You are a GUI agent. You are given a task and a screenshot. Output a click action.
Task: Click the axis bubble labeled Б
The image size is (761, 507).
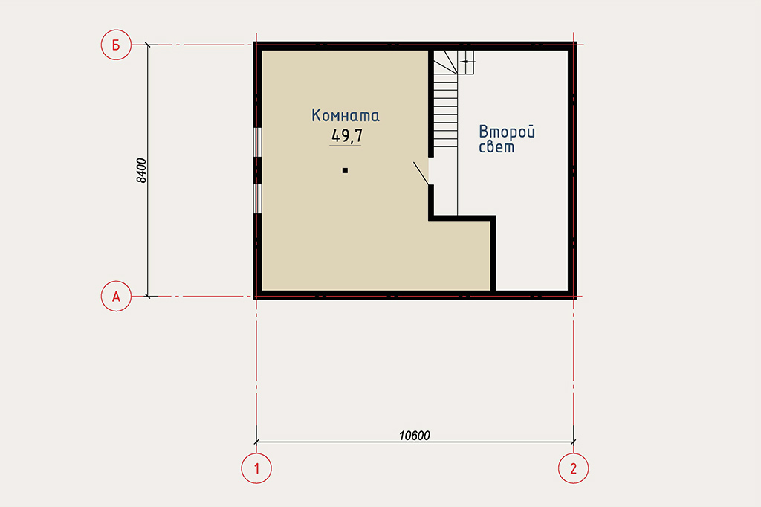pyautogui.click(x=116, y=45)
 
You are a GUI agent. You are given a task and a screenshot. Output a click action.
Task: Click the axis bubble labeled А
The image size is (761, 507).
pyautogui.click(x=116, y=296)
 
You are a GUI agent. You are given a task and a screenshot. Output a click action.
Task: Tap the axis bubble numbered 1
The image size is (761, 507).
pyautogui.click(x=256, y=468)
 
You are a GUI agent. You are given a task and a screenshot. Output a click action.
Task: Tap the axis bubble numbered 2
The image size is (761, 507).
pyautogui.click(x=573, y=468)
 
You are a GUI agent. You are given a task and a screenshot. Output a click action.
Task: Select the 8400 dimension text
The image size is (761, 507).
pyautogui.click(x=141, y=170)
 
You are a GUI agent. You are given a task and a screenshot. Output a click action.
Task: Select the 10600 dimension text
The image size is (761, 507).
pyautogui.click(x=415, y=436)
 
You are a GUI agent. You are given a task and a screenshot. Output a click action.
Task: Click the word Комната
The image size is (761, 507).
pyautogui.click(x=346, y=115)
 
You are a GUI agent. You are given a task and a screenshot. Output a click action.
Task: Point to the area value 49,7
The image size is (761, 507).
pyautogui.click(x=346, y=135)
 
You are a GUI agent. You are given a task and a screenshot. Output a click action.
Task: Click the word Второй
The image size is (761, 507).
pyautogui.click(x=507, y=132)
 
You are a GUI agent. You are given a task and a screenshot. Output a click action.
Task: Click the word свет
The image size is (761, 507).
pyautogui.click(x=496, y=146)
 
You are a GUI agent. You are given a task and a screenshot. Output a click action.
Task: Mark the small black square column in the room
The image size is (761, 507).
pyautogui.click(x=345, y=170)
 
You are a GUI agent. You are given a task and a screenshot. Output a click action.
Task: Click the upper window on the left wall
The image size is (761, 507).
pyautogui.click(x=258, y=142)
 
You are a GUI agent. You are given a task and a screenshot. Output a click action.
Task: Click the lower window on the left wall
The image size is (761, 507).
pyautogui.click(x=258, y=198)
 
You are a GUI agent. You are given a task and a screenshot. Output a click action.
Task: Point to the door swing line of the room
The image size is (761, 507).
pyautogui.click(x=421, y=173)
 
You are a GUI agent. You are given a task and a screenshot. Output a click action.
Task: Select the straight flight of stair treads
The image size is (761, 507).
pyautogui.click(x=446, y=111)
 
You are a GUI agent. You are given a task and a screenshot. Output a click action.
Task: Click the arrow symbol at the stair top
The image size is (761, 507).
pyautogui.click(x=467, y=62)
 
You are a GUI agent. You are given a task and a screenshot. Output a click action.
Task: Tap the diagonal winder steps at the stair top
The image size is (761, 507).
pyautogui.click(x=446, y=62)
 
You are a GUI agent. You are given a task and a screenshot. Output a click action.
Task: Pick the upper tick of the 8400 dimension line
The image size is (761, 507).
pyautogui.click(x=148, y=45)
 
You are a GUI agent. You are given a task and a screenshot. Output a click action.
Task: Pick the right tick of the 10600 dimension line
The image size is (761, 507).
pyautogui.click(x=573, y=442)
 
